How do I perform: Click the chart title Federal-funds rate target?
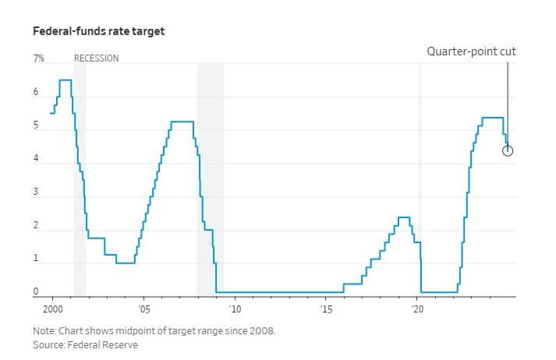[x=98, y=32]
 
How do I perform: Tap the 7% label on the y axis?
[x=38, y=58]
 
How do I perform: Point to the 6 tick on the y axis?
[x=35, y=93]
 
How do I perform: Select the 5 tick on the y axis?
[x=35, y=126]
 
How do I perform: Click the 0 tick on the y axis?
[x=35, y=293]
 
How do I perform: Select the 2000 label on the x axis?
[x=52, y=309]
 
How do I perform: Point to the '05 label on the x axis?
[x=143, y=309]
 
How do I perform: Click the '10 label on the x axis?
[x=235, y=309]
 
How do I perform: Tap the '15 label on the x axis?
[x=326, y=309]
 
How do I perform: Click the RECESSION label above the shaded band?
[x=96, y=58]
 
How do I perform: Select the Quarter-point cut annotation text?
[x=471, y=51]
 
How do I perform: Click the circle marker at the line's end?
[x=508, y=150]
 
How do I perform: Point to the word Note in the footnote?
[x=43, y=330]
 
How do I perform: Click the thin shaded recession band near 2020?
[x=420, y=179]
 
